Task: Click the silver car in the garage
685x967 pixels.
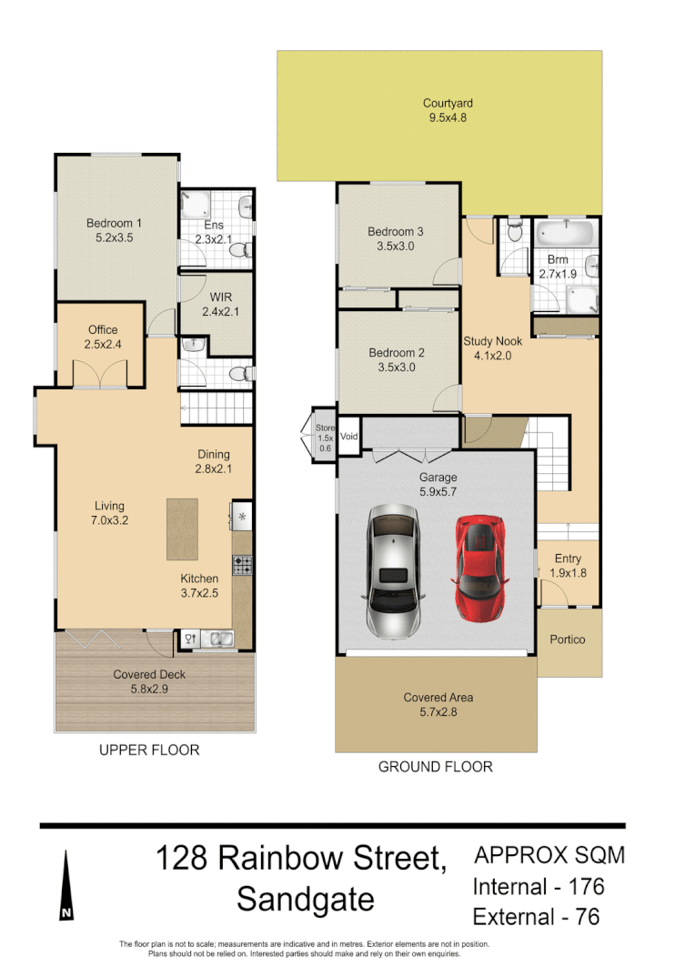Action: (394, 570)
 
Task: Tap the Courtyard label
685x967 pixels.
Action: (448, 104)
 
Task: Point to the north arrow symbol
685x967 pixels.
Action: (66, 886)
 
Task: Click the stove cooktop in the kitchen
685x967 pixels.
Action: (243, 565)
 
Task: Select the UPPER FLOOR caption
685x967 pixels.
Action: (149, 750)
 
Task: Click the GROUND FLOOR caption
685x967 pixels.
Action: (435, 767)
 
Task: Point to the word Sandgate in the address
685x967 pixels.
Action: (305, 900)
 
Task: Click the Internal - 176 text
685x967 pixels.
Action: (539, 886)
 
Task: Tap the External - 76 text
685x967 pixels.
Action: (536, 916)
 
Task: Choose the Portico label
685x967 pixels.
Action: (568, 640)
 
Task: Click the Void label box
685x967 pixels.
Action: (349, 437)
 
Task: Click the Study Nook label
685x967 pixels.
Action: (492, 342)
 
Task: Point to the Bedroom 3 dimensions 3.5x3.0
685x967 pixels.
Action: (396, 246)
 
